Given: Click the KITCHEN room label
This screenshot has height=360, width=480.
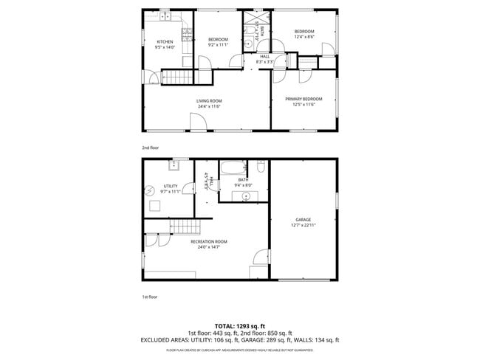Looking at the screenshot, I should tap(164, 41).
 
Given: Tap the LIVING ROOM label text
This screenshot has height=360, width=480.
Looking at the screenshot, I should tap(209, 100).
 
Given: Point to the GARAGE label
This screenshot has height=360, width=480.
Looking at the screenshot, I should tap(303, 220).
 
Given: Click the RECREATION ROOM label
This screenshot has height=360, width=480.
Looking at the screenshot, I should tap(209, 242).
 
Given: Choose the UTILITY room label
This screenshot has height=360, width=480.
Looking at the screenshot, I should tap(160, 186).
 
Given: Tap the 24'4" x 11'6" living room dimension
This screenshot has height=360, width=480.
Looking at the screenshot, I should tap(209, 106).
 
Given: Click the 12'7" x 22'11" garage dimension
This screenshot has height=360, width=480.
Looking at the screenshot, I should tap(303, 226).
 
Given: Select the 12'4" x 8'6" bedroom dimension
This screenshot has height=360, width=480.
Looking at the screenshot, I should tap(304, 36).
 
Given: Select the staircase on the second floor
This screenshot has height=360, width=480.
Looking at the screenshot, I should tap(176, 76).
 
